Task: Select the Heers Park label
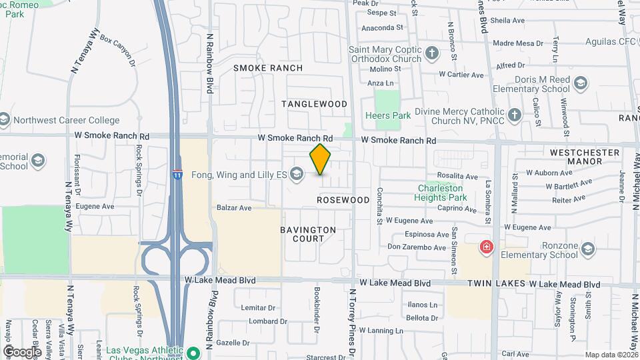click(388, 115)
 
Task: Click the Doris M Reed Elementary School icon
click(580, 83)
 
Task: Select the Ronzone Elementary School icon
click(587, 249)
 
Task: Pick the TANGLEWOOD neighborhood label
click(314, 104)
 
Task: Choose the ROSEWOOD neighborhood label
click(343, 200)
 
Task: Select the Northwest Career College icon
click(5, 120)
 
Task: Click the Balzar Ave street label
click(234, 208)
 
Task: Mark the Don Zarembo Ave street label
click(416, 247)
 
